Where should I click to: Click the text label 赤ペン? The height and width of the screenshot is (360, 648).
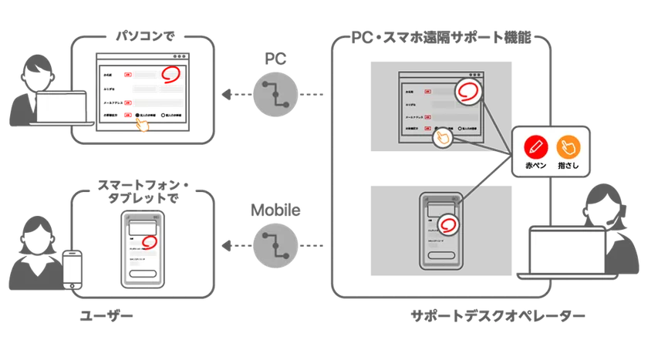[535, 165]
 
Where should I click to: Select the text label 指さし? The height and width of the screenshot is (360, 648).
[569, 165]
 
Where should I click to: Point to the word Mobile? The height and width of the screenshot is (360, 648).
[275, 210]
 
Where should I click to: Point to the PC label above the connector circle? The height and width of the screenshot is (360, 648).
[275, 60]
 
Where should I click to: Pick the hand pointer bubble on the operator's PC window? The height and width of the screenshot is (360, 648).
[442, 137]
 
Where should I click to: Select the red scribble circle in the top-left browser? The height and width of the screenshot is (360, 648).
[170, 74]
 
